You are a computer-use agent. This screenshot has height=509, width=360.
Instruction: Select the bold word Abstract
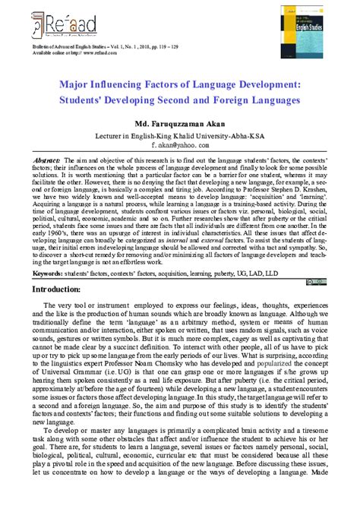(47, 162)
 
